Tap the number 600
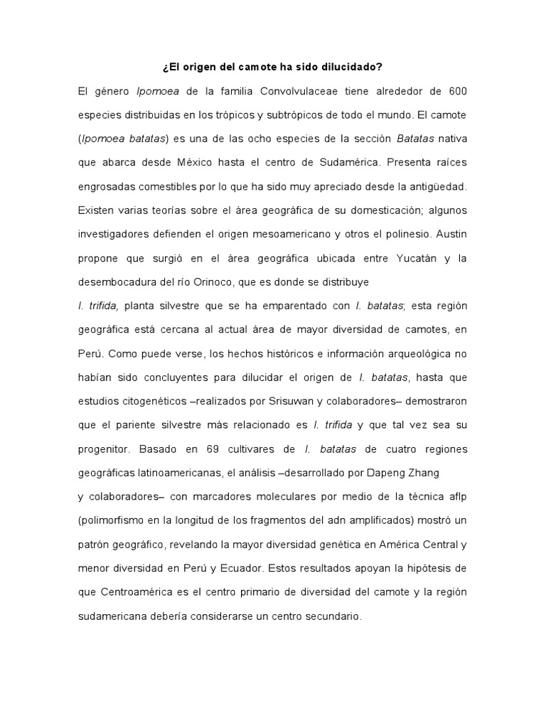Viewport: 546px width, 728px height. point(456,92)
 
